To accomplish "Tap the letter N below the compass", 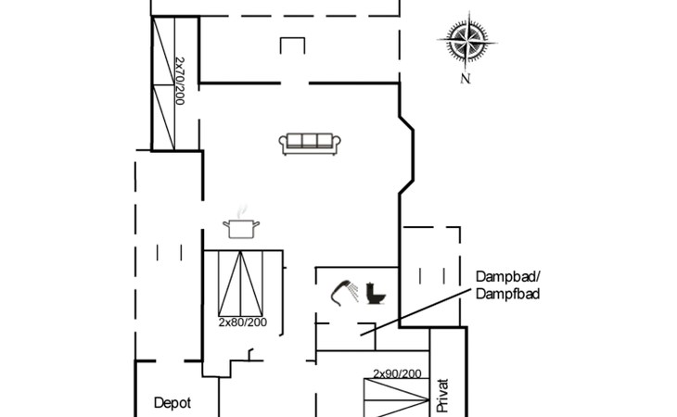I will pyautogui.click(x=465, y=79).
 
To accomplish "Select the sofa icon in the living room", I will pyautogui.click(x=311, y=143).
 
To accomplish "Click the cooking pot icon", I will pyautogui.click(x=240, y=228).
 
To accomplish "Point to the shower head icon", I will pyautogui.click(x=346, y=291).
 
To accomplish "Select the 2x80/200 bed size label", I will pyautogui.click(x=241, y=322).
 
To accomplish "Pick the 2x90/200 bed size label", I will pyautogui.click(x=397, y=373).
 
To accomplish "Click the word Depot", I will pyautogui.click(x=172, y=403).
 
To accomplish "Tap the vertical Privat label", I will pyautogui.click(x=442, y=394).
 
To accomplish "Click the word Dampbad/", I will pyautogui.click(x=506, y=277).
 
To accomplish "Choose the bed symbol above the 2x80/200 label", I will pyautogui.click(x=241, y=283).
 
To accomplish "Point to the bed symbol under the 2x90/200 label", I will pyautogui.click(x=397, y=398).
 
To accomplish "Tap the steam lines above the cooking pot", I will pyautogui.click(x=243, y=211).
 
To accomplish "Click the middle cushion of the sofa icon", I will pyautogui.click(x=311, y=141).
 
